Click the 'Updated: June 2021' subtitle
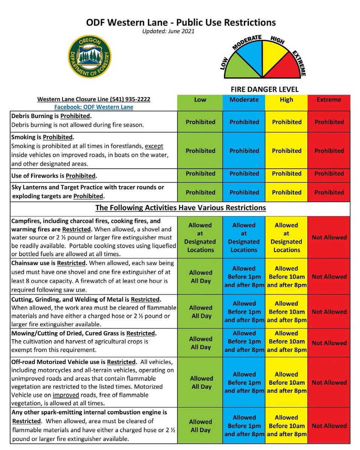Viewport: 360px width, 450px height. [168, 31]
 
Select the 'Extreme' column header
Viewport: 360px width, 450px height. [329, 100]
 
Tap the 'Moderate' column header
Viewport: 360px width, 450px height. [244, 100]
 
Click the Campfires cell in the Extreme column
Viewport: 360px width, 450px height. [329, 237]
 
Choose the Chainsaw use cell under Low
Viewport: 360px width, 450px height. [201, 277]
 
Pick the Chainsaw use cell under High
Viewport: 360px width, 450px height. [286, 277]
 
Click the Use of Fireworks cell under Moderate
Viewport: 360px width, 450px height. [244, 174]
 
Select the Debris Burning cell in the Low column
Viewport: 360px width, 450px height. [201, 122]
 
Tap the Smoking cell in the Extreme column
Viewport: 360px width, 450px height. [329, 151]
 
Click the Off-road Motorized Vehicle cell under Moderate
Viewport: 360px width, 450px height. [244, 382]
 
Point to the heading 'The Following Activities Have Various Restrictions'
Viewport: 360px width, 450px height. [181, 207]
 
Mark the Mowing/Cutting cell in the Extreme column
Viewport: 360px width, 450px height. [329, 343]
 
